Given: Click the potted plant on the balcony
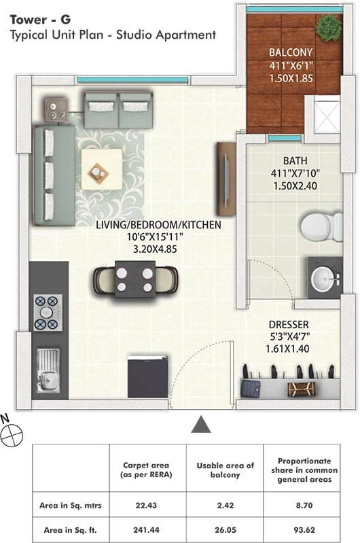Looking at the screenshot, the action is pos(329,28).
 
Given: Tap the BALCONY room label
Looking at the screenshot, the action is pos(291,52).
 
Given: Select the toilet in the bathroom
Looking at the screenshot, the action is pos(321,227).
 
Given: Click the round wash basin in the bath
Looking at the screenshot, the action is pos(323,279).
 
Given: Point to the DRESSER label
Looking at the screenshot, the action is pos(289,324).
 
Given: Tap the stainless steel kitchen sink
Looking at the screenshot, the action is pos(48,371).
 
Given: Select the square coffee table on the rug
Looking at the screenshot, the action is pos(102,169).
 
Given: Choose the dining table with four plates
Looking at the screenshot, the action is pos(135,280).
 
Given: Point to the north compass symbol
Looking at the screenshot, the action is pos(12,434).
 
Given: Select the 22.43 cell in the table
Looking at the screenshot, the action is pos(146,505).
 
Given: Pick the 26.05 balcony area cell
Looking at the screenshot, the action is pos(226,530).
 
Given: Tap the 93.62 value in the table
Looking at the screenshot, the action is pos(304,530).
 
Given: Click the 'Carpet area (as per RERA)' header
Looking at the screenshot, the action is pos(146,470).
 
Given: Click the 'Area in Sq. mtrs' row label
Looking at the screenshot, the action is pos(71,505).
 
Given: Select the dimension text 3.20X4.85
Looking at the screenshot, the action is pos(155,249).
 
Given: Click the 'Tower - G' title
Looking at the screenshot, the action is pos(41,20).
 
